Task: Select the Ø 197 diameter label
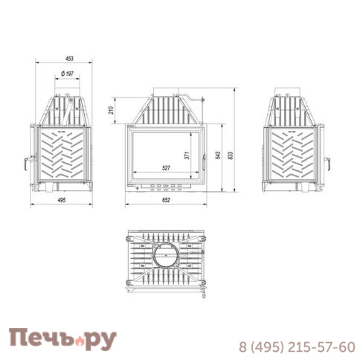click(x=65, y=74)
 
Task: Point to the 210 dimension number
click(x=111, y=112)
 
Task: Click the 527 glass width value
click(x=169, y=167)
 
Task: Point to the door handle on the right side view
click(x=327, y=164)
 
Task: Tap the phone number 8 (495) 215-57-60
click(x=296, y=346)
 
